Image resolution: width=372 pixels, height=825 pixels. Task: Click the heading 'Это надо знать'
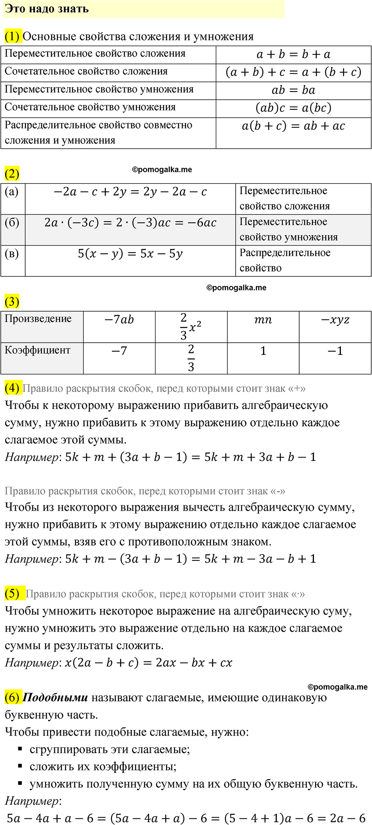[x=47, y=9]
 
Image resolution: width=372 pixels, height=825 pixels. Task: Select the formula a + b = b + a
[x=293, y=54]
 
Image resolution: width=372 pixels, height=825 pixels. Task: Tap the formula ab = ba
[x=293, y=90]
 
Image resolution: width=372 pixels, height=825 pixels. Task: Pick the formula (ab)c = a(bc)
[x=293, y=108]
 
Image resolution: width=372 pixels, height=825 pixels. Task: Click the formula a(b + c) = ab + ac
[x=293, y=126]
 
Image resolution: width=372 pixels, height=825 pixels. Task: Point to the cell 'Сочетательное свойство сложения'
[x=86, y=71]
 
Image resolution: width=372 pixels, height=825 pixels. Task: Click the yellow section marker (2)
[x=12, y=173]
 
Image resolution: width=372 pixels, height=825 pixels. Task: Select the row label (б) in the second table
[x=12, y=222]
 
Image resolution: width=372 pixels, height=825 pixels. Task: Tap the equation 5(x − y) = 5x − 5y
[x=130, y=254]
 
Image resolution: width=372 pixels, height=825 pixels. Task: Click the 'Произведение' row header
[x=38, y=319]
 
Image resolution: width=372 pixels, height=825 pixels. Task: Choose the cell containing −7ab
[x=119, y=320]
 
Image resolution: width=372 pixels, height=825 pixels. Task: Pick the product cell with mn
[x=263, y=320]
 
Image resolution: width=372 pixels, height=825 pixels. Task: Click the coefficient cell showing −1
[x=335, y=351]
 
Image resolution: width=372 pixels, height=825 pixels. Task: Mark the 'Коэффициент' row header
[x=38, y=350]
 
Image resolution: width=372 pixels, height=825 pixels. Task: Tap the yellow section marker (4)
[x=12, y=388]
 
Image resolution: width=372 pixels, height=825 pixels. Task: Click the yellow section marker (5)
[x=12, y=593]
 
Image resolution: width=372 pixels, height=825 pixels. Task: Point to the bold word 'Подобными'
[x=55, y=698]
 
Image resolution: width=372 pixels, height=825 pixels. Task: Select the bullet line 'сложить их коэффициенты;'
[x=103, y=767]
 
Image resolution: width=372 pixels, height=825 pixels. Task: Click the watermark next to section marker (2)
[x=162, y=170]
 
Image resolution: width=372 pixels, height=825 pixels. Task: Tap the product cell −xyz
[x=335, y=320]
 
